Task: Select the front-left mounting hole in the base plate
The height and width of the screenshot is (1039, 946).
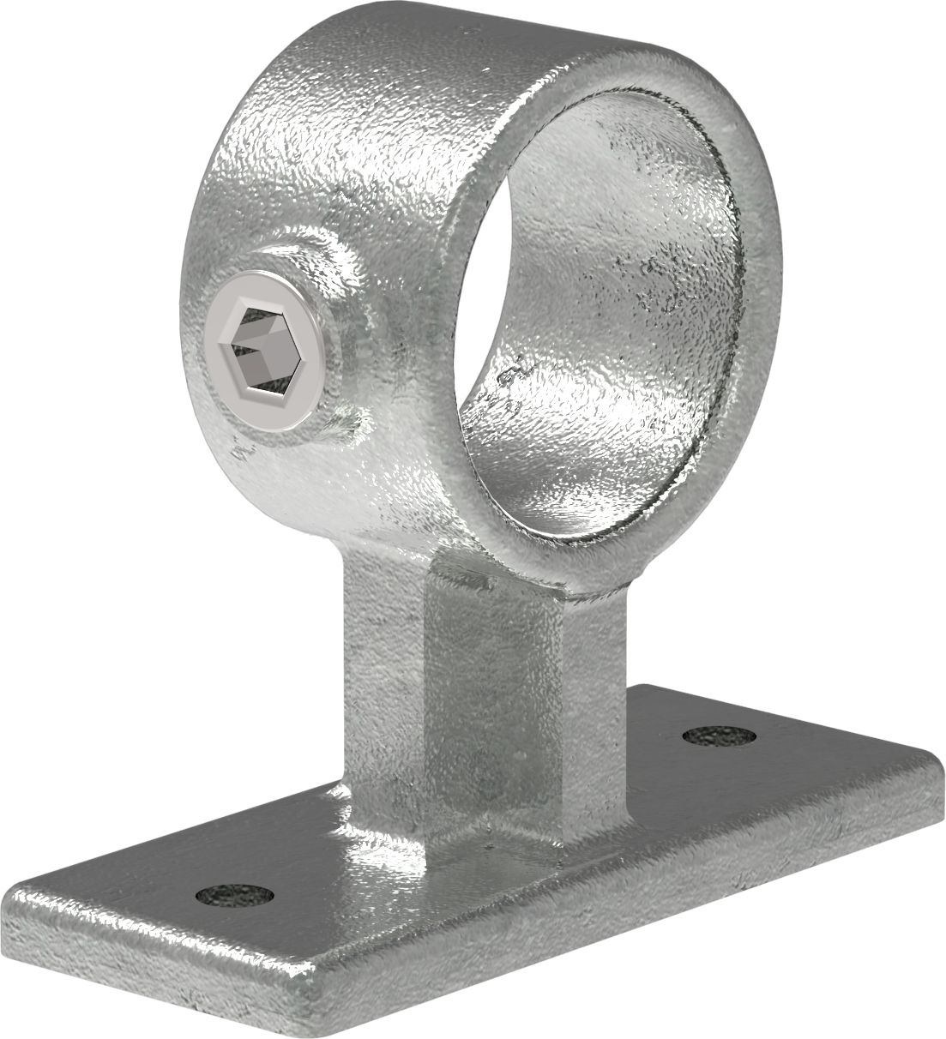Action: (234, 897)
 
